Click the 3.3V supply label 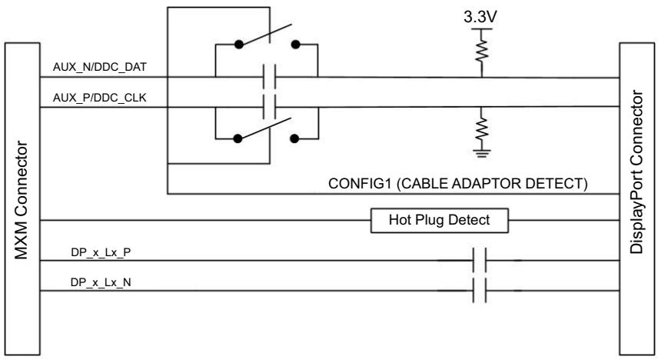click(x=480, y=17)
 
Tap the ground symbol click(x=482, y=153)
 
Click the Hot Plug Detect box click(x=440, y=220)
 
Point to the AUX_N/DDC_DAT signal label click(x=100, y=67)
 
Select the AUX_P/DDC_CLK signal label click(x=99, y=98)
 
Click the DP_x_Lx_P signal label click(x=101, y=252)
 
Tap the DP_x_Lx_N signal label click(x=101, y=283)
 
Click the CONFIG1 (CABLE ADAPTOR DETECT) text click(x=458, y=184)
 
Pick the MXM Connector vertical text click(x=22, y=200)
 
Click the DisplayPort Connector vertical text click(x=636, y=172)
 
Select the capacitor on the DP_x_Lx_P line click(x=479, y=261)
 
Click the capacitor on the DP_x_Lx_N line click(x=479, y=290)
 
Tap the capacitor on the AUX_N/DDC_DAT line click(x=269, y=77)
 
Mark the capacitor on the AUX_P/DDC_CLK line click(x=269, y=107)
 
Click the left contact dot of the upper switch click(x=239, y=44)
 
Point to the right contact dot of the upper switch click(x=295, y=44)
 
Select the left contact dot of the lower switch click(x=238, y=138)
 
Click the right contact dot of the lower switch click(x=294, y=138)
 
